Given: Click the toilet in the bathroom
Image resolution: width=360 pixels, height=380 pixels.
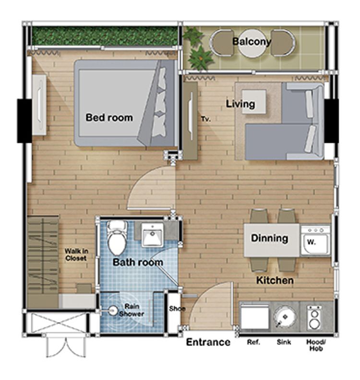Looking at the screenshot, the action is coord(117,238).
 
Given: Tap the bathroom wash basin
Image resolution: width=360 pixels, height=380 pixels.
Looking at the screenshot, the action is coord(152,235).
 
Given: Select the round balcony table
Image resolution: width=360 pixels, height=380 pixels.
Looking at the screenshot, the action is coord(252,43).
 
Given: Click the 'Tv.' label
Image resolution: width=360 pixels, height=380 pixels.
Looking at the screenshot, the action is coord(205,119).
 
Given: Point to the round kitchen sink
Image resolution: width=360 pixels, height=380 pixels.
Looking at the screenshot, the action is coord(285,316).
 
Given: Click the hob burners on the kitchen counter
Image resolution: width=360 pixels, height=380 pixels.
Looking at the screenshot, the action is coord(314,318).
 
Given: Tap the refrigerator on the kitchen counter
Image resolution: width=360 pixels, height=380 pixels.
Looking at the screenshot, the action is coord(254,316).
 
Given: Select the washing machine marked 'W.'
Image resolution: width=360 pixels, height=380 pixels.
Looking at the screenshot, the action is coord(315,241).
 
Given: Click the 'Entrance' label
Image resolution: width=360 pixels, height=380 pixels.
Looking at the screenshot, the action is coord(208,342).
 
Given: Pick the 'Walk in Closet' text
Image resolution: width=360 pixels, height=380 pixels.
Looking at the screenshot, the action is coord(76,255).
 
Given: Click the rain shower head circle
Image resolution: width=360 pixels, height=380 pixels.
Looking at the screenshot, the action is coord(113,310).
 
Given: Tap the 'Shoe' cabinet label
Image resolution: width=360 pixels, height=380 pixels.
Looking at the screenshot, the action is coord(177,309).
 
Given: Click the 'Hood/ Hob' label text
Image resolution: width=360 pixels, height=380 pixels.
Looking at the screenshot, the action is coord(316,345).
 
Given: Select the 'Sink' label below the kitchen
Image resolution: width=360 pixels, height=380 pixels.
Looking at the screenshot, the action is coord(284,342).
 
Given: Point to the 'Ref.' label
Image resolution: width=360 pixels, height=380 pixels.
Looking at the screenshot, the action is coord(253,342).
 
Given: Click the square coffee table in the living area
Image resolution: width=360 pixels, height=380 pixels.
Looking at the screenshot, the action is coord(254,101).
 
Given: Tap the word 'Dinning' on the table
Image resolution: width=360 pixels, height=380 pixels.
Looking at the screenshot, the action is coord(270,238).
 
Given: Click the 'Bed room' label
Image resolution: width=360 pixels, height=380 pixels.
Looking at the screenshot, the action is coord(109,118).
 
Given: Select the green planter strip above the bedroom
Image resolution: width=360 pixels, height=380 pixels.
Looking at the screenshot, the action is coord(105,36).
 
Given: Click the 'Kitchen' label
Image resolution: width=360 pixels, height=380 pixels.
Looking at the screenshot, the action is coord(275,280).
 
